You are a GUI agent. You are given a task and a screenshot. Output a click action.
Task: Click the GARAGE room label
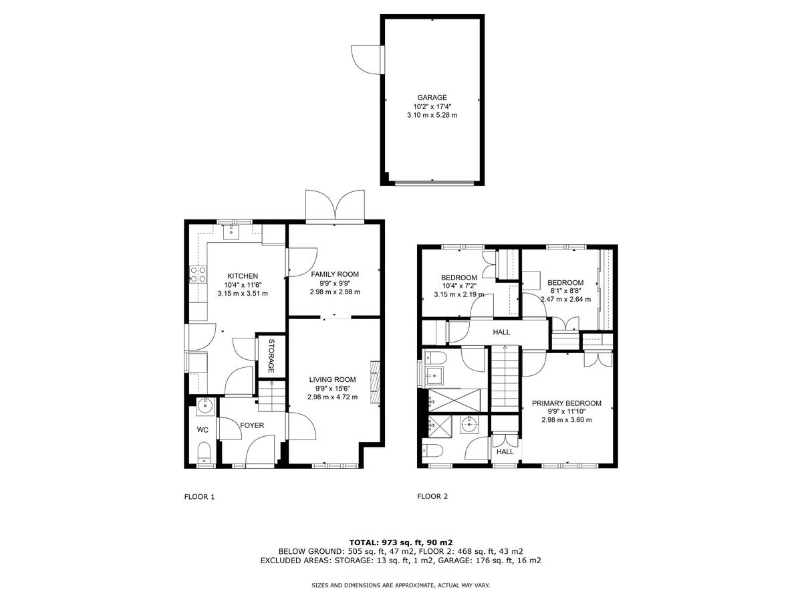point(432,97)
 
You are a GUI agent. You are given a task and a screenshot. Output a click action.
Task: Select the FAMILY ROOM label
point(335,274)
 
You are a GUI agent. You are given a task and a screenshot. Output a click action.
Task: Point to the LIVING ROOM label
point(332,379)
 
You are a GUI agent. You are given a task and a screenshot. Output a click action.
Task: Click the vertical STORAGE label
point(271,356)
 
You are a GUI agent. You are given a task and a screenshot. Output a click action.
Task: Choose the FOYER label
point(252,425)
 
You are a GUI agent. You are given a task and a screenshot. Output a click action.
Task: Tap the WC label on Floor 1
point(203,429)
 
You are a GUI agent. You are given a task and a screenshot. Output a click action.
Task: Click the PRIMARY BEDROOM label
point(566,403)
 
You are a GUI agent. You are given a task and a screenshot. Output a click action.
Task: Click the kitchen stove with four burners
point(198,274)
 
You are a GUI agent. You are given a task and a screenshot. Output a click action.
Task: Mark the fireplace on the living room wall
point(376,382)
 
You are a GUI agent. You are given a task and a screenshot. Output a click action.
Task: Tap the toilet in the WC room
point(205,452)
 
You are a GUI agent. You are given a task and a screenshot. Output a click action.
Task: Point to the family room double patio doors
point(336,206)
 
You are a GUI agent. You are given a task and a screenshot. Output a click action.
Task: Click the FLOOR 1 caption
point(199,496)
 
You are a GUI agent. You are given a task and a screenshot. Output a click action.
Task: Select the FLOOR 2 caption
point(432,496)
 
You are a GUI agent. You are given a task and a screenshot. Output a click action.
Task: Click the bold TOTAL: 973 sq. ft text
point(401,542)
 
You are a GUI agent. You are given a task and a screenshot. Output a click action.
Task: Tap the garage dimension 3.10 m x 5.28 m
point(432,115)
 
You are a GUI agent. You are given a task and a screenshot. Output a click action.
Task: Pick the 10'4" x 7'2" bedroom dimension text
point(458,286)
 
